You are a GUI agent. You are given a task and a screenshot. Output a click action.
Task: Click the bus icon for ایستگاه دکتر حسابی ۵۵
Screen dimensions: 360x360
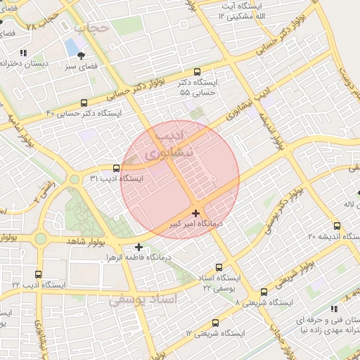click(197, 72)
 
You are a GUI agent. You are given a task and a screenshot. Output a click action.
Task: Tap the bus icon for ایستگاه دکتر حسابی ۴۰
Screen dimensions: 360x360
click(84, 103)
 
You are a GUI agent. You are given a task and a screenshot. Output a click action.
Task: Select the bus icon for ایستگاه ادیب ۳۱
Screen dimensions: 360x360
click(116, 169)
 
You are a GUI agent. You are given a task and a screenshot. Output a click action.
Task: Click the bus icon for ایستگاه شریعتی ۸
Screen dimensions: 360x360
click(264, 292)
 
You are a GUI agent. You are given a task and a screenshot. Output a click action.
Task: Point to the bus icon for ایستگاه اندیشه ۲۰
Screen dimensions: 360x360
click(337, 226)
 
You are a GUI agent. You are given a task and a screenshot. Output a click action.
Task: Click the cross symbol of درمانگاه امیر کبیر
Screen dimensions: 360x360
click(195, 212)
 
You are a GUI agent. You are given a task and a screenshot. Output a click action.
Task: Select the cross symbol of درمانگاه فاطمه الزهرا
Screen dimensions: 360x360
click(139, 247)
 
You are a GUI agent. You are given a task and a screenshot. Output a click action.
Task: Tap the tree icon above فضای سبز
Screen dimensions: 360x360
click(83, 56)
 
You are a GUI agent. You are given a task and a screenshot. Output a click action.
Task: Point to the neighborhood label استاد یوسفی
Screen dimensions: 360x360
click(144, 300)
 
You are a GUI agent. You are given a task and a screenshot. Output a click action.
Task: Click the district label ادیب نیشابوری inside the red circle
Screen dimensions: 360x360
click(168, 143)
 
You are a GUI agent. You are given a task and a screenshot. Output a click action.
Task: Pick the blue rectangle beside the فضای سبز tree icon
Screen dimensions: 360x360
click(72, 48)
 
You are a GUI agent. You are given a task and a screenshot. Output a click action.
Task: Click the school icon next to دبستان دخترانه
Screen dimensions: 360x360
click(23, 53)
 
